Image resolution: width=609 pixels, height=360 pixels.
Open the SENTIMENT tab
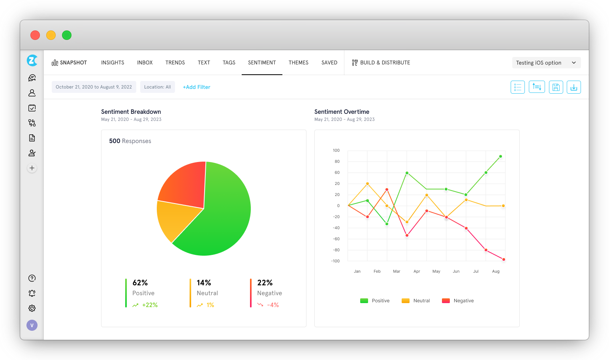tap(262, 62)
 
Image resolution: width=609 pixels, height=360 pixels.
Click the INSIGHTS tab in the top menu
tap(113, 62)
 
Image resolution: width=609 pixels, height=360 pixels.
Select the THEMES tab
tap(299, 62)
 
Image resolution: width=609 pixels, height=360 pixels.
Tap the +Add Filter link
tap(196, 87)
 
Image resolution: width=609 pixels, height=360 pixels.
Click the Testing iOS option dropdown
tap(546, 63)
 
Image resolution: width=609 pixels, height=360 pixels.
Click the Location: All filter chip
tap(158, 87)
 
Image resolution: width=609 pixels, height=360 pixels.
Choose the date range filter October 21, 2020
tap(94, 87)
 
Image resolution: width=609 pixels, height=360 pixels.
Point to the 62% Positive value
tap(140, 283)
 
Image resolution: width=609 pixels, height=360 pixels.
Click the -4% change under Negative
tap(273, 305)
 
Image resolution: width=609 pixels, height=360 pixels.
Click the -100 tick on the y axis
tap(335, 261)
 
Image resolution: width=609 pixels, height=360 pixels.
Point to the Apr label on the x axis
tap(417, 271)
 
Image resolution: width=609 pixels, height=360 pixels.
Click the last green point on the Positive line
tap(500, 156)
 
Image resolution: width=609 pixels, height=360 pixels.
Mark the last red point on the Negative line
tap(504, 259)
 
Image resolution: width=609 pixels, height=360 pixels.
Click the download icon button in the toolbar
tap(573, 87)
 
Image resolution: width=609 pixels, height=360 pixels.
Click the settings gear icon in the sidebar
tap(32, 308)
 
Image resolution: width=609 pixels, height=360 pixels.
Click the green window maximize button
tap(67, 35)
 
